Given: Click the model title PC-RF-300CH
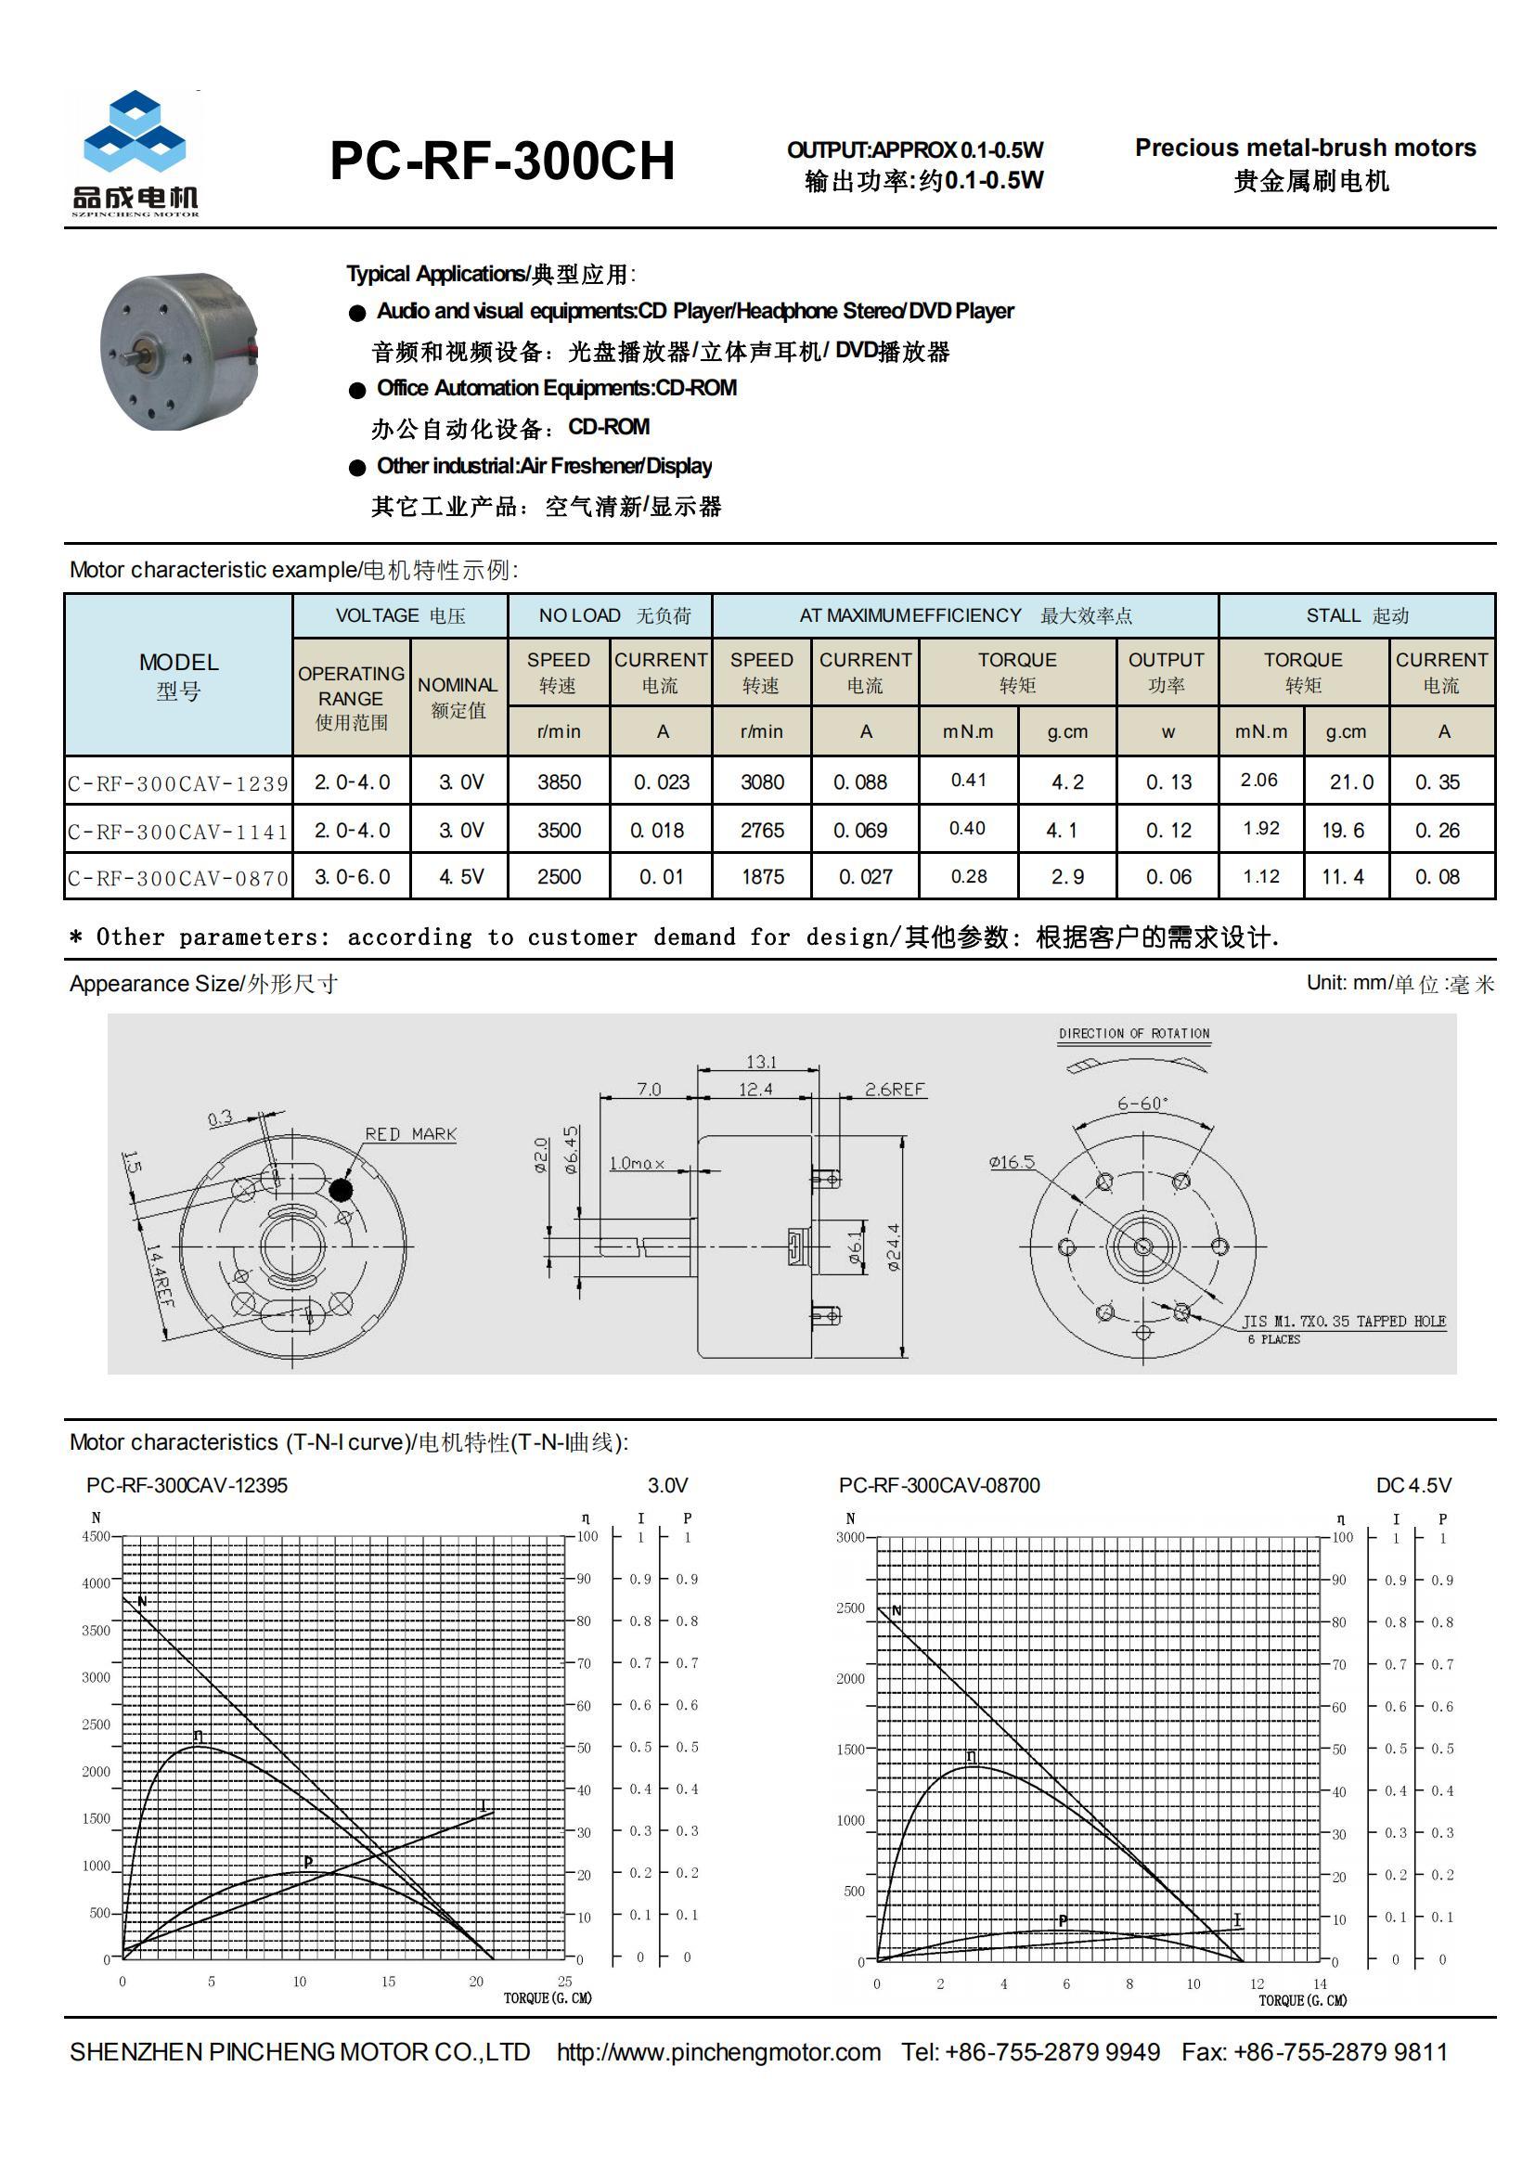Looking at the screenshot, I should click(x=502, y=161).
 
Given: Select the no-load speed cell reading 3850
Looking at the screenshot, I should click(x=559, y=781).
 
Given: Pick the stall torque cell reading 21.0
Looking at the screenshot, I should click(x=1350, y=781).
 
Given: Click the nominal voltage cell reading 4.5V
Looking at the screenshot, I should click(x=460, y=876).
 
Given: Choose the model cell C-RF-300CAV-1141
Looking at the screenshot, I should click(x=178, y=831).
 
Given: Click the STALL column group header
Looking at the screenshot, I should click(x=1357, y=615).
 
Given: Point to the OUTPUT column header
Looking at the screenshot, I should click(x=1166, y=671).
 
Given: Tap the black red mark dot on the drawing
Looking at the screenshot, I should click(x=342, y=1190).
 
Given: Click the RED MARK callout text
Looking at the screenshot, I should click(x=410, y=1133).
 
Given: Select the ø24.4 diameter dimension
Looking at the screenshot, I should click(x=892, y=1246).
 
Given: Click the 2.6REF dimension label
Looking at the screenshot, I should click(x=894, y=1089).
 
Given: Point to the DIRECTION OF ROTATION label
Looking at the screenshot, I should click(x=1133, y=1033).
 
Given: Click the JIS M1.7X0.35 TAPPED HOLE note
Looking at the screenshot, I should click(x=1343, y=1321).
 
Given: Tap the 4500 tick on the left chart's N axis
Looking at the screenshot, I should click(x=96, y=1536).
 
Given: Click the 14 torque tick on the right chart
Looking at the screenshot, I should click(x=1320, y=1983).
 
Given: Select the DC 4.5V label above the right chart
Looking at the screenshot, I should click(x=1413, y=1485).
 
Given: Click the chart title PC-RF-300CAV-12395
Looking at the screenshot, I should click(x=187, y=1485).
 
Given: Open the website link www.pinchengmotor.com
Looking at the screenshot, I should click(x=718, y=2052).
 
